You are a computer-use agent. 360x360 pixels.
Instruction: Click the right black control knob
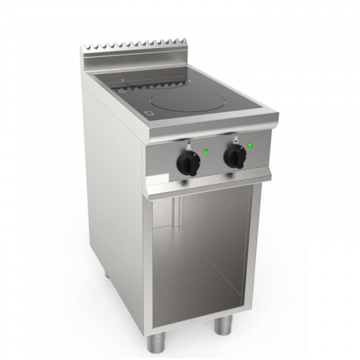click(x=233, y=156)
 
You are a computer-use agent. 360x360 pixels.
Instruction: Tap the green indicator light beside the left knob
click(x=206, y=151)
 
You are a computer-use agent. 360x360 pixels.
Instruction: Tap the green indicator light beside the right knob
click(x=250, y=145)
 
